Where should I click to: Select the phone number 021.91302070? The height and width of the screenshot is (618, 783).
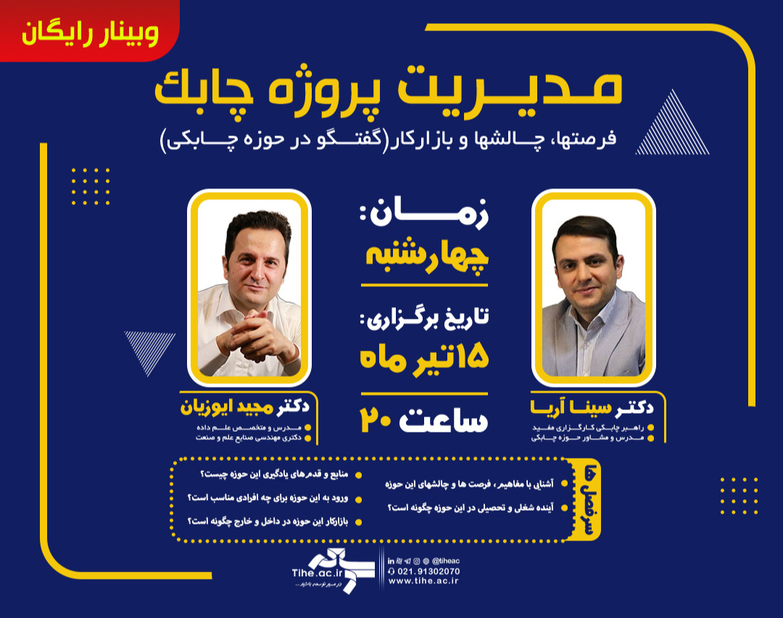pos(428,571)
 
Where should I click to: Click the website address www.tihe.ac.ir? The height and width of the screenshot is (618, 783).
pos(424,581)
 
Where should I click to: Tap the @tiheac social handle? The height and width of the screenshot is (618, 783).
pos(446,561)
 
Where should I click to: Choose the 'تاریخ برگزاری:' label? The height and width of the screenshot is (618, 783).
pos(424,318)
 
